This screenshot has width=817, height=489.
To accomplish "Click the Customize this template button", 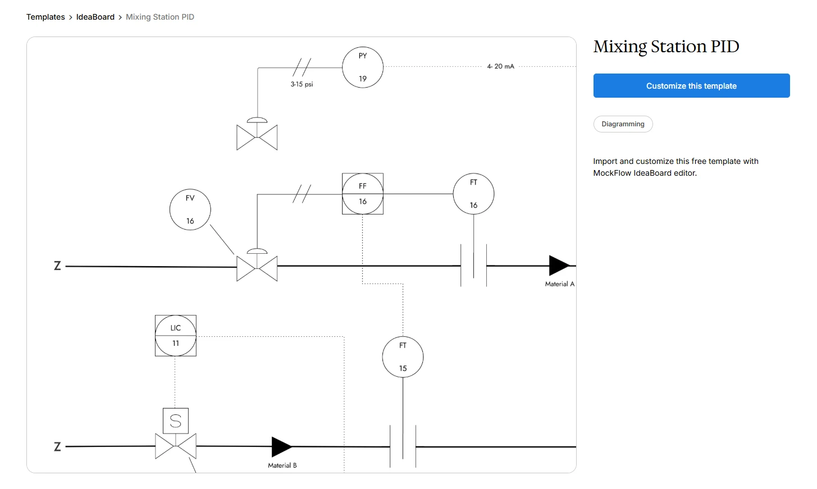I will click(691, 86).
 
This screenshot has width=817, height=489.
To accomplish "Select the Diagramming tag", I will click(623, 124).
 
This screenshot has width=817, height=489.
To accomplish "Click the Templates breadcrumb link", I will click(45, 17).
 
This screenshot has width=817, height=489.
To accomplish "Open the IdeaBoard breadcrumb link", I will click(95, 17).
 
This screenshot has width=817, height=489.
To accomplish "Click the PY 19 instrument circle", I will click(363, 67).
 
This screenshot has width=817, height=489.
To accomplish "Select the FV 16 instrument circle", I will click(190, 209).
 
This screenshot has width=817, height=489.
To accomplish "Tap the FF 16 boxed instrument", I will click(363, 194).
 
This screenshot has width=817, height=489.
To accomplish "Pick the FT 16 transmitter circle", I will click(473, 194).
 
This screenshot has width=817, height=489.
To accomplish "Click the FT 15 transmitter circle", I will click(403, 357).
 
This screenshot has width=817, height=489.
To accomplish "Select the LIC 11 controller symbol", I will click(176, 336).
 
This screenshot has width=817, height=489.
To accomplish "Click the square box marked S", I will click(176, 421).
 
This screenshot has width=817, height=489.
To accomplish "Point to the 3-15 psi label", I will click(302, 84).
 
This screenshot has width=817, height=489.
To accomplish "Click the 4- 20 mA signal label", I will click(500, 66).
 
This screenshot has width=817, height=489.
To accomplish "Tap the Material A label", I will click(559, 284).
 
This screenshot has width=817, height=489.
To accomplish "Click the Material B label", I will click(282, 465).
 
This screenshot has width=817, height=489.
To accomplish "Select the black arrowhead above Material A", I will click(559, 266).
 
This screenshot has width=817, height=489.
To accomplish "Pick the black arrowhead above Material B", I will click(281, 447).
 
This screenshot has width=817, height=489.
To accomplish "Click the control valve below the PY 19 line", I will click(257, 137).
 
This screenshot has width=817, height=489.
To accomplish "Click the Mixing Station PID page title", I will click(666, 46).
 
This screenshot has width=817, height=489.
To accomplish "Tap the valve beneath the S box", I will click(176, 446).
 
